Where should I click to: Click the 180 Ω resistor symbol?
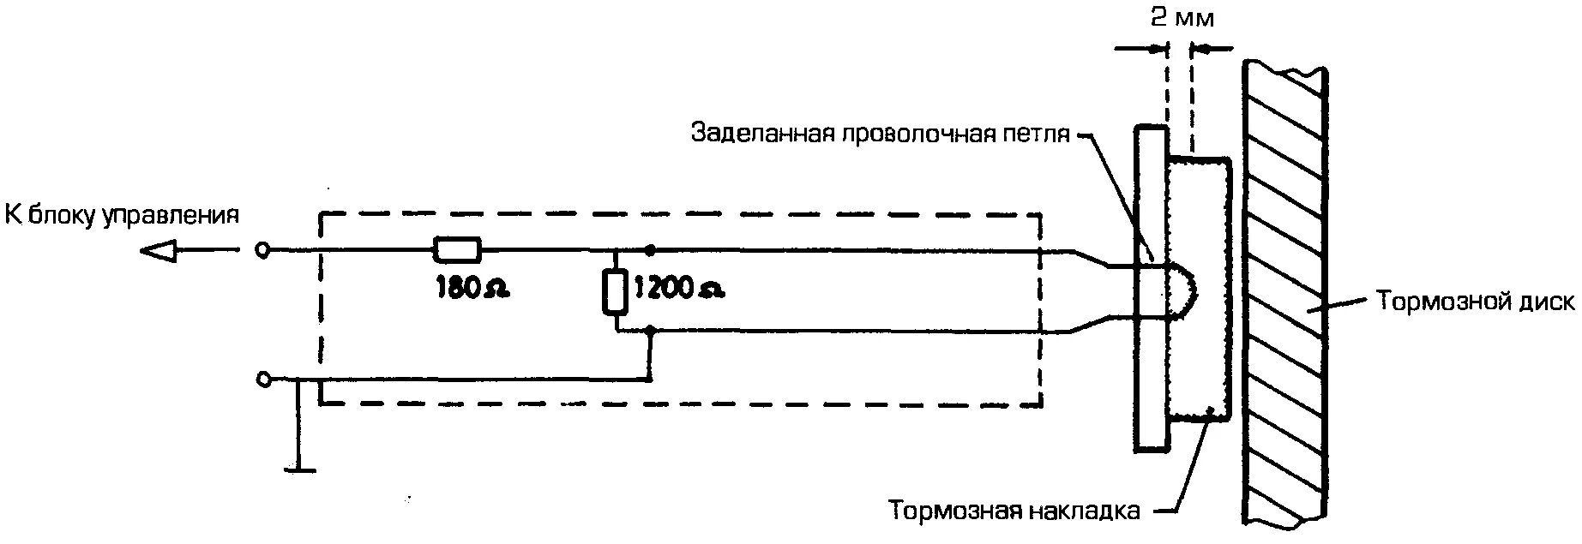coord(456,250)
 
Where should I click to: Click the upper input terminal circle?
coord(263,250)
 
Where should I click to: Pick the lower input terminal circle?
coord(263,379)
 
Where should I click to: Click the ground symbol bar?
coord(298,469)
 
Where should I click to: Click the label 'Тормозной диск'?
coord(1475,302)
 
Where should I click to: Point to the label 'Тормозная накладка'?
coord(1014,511)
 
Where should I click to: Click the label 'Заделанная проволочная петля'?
coord(881,135)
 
